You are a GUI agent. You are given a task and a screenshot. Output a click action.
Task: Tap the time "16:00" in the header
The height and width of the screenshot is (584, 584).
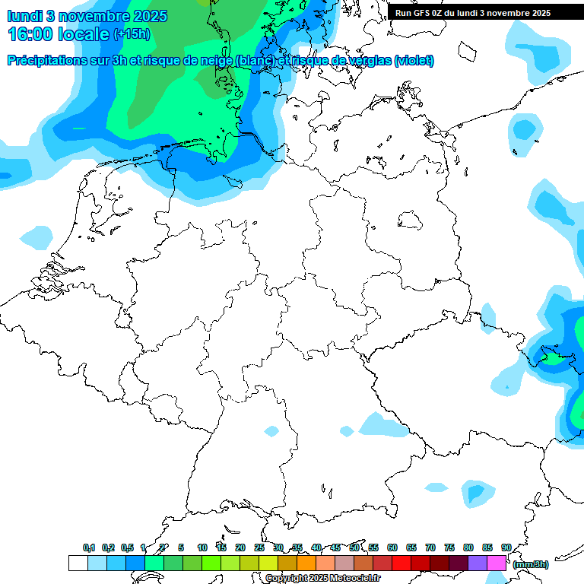tap(33, 34)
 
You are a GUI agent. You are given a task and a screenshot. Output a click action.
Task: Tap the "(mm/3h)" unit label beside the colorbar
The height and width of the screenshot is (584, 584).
tap(530, 564)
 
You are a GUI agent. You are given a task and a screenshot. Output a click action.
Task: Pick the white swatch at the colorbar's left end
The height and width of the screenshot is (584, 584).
tap(78, 563)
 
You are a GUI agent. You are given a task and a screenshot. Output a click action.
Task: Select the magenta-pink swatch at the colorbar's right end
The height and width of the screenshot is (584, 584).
tap(497, 563)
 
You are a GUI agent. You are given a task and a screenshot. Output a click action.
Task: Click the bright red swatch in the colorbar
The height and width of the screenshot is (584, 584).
tap(401, 563)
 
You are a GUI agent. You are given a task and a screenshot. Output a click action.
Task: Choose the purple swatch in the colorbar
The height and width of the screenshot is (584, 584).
tap(478, 563)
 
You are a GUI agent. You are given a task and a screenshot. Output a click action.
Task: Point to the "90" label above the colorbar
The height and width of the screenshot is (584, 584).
tap(506, 547)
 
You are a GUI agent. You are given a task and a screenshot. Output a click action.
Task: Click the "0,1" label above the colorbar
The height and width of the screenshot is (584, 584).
tap(89, 547)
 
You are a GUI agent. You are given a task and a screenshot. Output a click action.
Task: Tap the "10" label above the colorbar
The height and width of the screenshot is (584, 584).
tap(202, 547)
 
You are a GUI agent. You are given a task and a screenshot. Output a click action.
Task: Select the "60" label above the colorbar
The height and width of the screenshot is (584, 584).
tap(392, 547)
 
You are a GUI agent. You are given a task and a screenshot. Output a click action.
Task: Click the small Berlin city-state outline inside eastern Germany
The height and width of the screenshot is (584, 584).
tap(411, 221)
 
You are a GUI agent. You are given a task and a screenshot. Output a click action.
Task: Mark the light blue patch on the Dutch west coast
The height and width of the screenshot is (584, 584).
tap(35, 237)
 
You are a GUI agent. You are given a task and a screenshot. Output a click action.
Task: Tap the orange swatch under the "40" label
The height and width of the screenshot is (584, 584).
tap(306, 563)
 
